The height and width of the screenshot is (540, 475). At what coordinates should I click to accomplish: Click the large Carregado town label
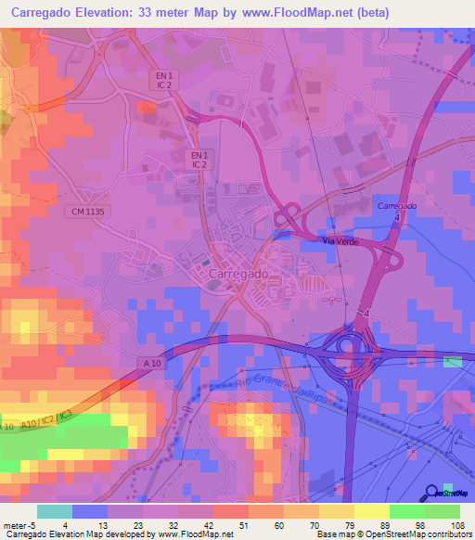pos(238,276)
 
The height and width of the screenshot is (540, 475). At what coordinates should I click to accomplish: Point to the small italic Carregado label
pos(398,204)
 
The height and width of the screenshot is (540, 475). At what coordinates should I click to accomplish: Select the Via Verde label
pos(340,241)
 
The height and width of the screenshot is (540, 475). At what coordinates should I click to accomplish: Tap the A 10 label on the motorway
pos(151,364)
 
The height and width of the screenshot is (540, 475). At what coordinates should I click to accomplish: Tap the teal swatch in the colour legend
pos(55,511)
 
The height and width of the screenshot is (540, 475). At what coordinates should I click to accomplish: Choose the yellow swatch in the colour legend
pos(371,511)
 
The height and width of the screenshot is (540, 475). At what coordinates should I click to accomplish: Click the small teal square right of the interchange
pos(452,362)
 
